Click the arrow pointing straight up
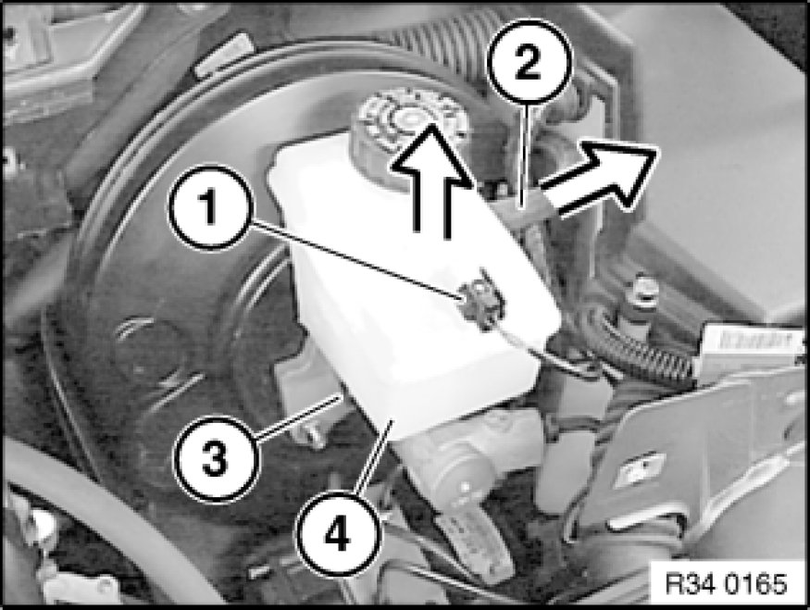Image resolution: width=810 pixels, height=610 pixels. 429,181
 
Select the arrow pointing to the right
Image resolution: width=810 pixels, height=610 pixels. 599,179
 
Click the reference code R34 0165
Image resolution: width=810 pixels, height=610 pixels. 727,584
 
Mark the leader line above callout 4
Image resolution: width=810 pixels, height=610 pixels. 375,457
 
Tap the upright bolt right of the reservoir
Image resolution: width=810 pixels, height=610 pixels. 640,305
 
